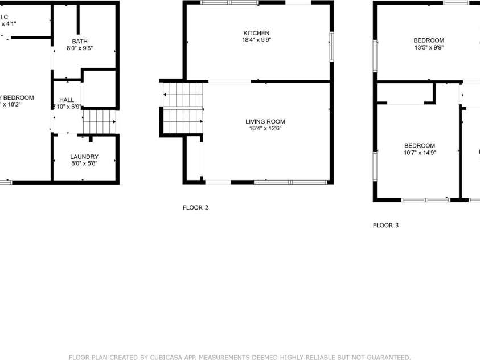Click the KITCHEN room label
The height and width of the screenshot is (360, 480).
click(256, 33)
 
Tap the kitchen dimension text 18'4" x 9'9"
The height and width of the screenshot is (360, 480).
click(256, 40)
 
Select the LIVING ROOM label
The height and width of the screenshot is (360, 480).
click(265, 121)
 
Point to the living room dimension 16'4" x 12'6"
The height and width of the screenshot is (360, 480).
click(265, 129)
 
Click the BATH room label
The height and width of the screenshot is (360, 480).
click(80, 41)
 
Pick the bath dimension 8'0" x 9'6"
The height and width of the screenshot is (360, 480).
click(80, 48)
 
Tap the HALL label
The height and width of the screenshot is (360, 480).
click(67, 100)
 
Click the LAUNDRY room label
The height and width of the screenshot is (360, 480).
click(84, 157)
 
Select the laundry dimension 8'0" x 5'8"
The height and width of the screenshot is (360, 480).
click(84, 164)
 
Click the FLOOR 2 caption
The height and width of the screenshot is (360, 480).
click(195, 207)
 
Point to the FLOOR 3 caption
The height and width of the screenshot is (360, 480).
click(385, 226)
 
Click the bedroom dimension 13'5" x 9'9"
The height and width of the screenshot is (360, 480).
click(429, 48)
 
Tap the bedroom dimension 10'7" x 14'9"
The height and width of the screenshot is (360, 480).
click(420, 153)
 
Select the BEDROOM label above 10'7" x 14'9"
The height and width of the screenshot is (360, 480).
click(420, 145)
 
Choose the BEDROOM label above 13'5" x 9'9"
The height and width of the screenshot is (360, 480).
click(429, 40)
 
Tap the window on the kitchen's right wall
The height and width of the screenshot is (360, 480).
click(331, 46)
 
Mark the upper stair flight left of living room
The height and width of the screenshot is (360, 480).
click(183, 94)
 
